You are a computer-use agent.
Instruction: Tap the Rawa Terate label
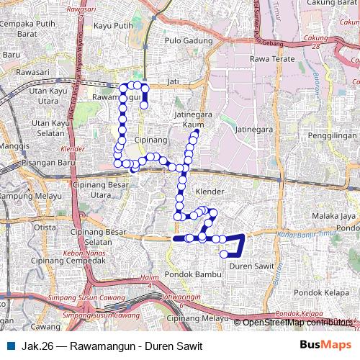point(268,58)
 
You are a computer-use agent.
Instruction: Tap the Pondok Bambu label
point(186,274)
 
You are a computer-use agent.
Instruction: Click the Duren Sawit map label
point(248,266)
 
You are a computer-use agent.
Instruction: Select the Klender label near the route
point(209,192)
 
